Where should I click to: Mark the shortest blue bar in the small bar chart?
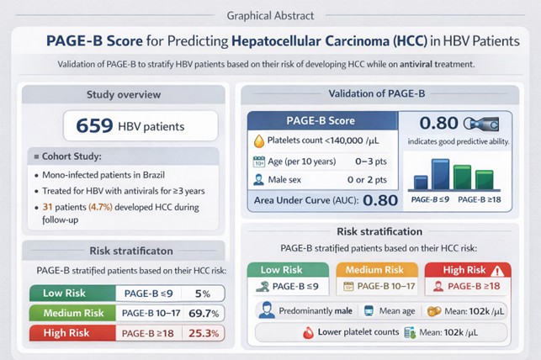tap(421, 183)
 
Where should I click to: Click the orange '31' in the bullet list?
tap(48, 206)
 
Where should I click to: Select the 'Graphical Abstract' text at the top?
tap(269, 15)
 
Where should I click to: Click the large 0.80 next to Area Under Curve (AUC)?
tap(380, 201)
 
